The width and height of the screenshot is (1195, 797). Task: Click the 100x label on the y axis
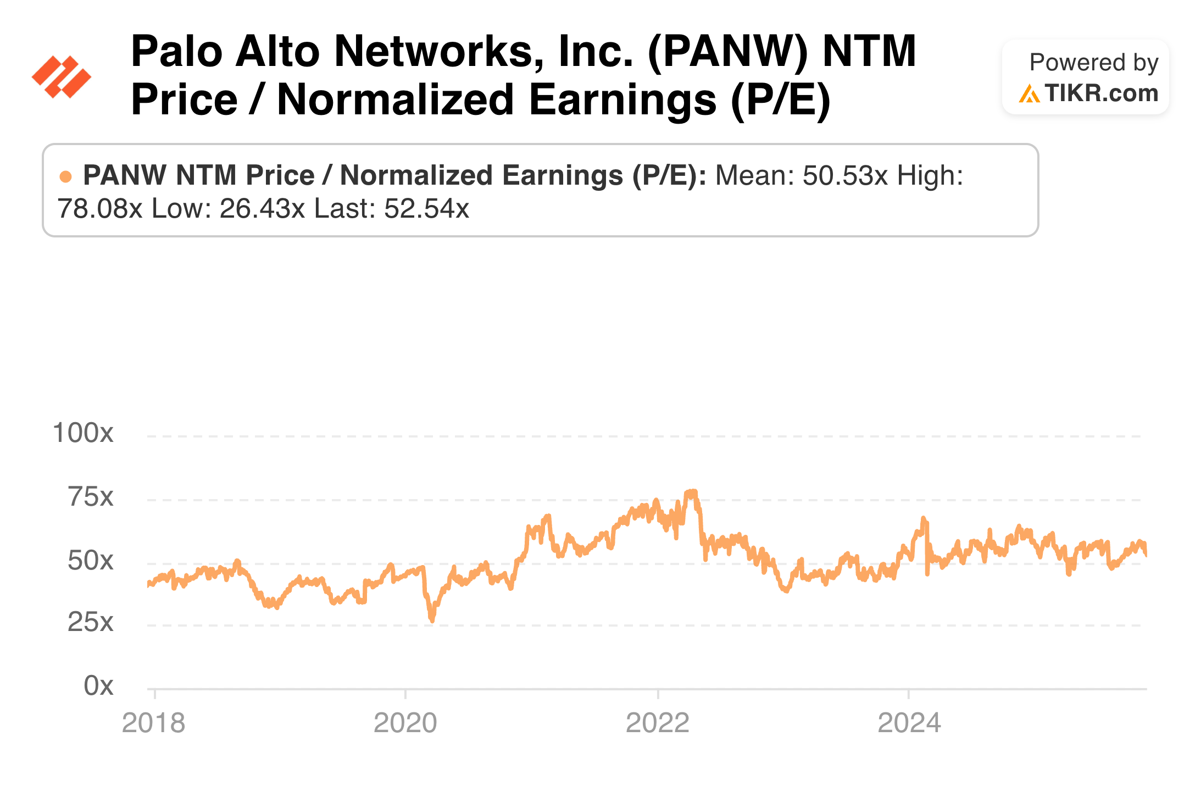[83, 433]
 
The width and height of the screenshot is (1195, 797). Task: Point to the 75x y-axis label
[91, 497]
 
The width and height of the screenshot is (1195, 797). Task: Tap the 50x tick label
[91, 561]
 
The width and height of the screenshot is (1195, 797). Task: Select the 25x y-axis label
[91, 622]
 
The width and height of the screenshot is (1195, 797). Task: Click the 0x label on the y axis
[98, 685]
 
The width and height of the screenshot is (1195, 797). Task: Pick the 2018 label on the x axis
[153, 723]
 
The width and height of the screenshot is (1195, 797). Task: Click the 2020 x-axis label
[405, 723]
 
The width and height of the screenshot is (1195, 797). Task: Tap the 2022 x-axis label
[657, 723]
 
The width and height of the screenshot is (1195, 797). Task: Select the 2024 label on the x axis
[909, 723]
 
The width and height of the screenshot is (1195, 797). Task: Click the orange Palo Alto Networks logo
[62, 77]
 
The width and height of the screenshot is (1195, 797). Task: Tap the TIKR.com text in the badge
[1101, 93]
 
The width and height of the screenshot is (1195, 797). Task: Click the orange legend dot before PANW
[65, 176]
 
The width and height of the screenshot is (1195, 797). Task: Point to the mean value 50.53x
[845, 176]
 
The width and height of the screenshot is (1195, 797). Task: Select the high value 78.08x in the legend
[99, 209]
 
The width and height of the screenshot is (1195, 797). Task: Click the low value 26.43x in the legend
[262, 209]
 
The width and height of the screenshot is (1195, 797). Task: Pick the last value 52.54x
[426, 209]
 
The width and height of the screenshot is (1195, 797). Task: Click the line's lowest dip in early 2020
[432, 621]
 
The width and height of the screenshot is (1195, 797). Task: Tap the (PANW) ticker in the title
[727, 52]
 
